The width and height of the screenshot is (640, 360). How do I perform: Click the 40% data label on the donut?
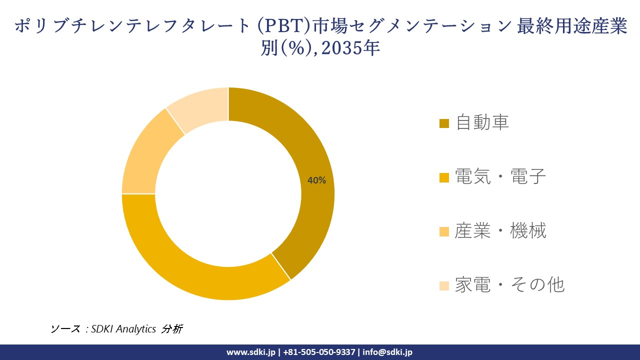[x=316, y=180]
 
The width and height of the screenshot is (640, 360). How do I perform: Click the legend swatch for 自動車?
[x=444, y=123]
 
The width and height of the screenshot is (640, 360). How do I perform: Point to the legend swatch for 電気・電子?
[x=444, y=177]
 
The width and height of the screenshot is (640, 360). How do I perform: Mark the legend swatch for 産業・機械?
[x=444, y=231]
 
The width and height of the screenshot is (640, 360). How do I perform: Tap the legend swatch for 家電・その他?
[x=444, y=285]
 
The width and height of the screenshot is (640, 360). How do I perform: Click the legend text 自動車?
[x=482, y=122]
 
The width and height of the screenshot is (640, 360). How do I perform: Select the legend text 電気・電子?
[x=500, y=176]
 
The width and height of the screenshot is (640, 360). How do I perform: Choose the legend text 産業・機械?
[x=500, y=230]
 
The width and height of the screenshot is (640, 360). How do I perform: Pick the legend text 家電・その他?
[x=509, y=284]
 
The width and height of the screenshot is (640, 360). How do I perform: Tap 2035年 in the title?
[x=354, y=48]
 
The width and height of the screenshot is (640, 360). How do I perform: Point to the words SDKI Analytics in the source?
[x=123, y=329]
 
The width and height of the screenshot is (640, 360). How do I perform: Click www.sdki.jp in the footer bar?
[x=250, y=352]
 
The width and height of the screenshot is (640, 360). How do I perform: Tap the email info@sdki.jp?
[x=387, y=352]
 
